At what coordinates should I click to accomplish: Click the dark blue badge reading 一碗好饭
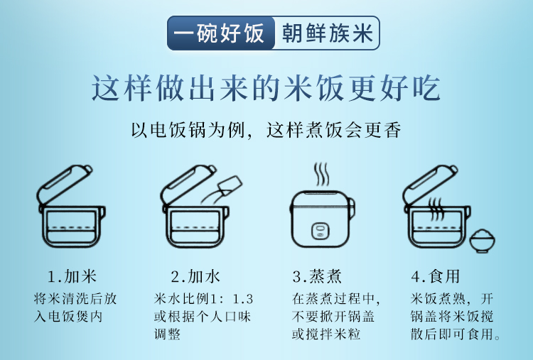click(221, 33)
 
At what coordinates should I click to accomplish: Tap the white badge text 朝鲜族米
click(328, 33)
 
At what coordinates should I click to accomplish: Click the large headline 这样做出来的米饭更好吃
click(266, 88)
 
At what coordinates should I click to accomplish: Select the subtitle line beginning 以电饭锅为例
click(266, 130)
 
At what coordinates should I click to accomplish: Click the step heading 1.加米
click(72, 276)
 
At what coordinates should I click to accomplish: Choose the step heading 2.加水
click(195, 276)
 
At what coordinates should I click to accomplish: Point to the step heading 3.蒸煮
click(317, 276)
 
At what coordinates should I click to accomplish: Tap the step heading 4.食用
click(436, 276)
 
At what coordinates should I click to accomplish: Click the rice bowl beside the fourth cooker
click(482, 241)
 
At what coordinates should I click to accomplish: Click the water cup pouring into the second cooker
click(230, 186)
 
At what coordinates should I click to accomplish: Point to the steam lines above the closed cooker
click(321, 174)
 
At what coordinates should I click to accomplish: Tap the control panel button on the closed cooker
click(321, 231)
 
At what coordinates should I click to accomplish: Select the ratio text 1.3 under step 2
click(243, 299)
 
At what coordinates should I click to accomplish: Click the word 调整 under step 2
click(167, 334)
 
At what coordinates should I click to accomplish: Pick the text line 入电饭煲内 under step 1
click(68, 317)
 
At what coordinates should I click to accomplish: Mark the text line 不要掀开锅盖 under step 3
click(333, 317)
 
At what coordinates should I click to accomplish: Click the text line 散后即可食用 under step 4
click(456, 334)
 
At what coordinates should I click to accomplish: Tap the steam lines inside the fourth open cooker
click(436, 209)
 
